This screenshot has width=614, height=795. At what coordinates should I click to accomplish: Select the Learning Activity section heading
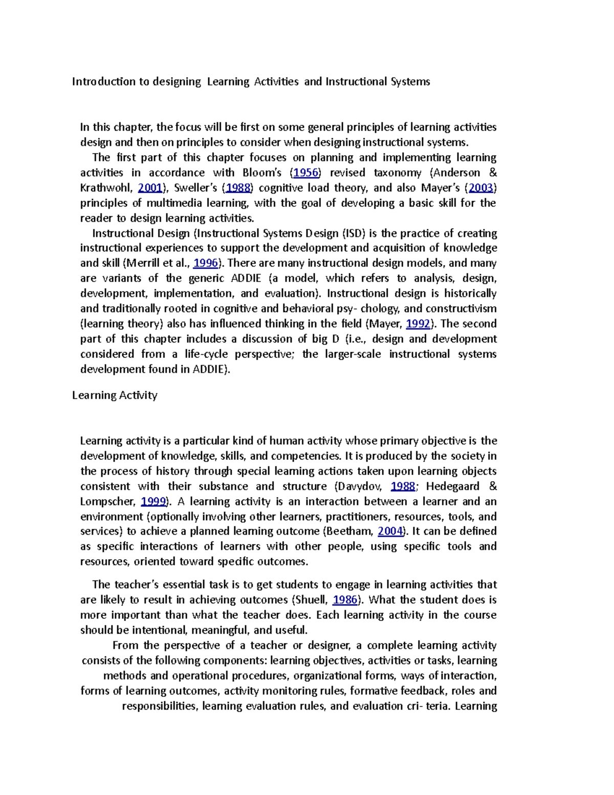tap(115, 395)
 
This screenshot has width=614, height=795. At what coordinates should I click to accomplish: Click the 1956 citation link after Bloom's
tap(305, 173)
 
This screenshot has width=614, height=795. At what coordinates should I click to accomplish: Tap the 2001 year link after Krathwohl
tap(150, 188)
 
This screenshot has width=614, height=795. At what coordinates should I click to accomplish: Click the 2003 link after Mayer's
tap(481, 188)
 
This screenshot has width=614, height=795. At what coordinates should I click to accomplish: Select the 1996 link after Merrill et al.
tap(206, 263)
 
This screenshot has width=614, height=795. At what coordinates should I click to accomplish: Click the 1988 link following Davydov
tap(403, 486)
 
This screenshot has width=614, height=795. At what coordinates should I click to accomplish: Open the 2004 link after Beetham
tap(390, 531)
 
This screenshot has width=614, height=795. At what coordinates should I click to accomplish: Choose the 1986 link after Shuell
tap(345, 600)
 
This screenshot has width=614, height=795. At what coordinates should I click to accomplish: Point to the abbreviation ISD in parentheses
tap(353, 233)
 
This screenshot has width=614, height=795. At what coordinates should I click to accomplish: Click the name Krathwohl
tap(106, 188)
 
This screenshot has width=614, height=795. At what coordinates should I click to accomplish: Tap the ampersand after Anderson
tap(493, 173)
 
